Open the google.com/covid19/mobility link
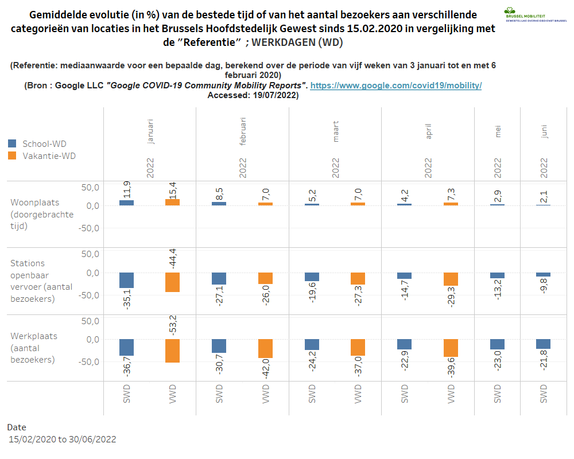pos(395,85)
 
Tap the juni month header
pos(544,131)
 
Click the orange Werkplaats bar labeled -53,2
pos(173,351)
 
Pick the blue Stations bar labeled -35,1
pos(126,280)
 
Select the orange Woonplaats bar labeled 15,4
pos(173,202)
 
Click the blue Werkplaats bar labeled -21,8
pos(544,344)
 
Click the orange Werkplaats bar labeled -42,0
pos(265,348)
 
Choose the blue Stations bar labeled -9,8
pos(544,275)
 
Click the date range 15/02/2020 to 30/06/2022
pos(63,439)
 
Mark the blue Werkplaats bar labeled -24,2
pos(312,344)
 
